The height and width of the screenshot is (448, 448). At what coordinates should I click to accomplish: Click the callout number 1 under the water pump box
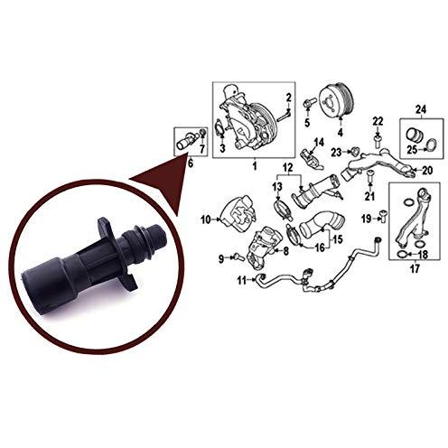tap(255, 165)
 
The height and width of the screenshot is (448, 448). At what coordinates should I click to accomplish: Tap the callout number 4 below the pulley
tap(341, 132)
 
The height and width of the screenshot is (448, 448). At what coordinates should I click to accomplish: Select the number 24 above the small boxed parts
tap(421, 110)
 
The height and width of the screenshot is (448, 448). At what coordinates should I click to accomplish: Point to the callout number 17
tap(415, 268)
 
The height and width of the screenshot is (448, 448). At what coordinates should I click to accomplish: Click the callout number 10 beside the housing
tap(206, 219)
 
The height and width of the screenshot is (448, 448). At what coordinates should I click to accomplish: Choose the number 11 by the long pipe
tap(242, 281)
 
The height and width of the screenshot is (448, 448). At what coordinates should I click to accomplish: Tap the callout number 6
tap(191, 163)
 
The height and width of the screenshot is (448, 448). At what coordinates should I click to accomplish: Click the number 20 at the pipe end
tap(427, 171)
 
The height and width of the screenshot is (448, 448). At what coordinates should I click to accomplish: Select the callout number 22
tap(378, 122)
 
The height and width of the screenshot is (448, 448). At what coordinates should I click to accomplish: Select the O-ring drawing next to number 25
tap(433, 145)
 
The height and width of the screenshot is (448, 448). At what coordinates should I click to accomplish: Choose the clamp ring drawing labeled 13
tap(283, 210)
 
